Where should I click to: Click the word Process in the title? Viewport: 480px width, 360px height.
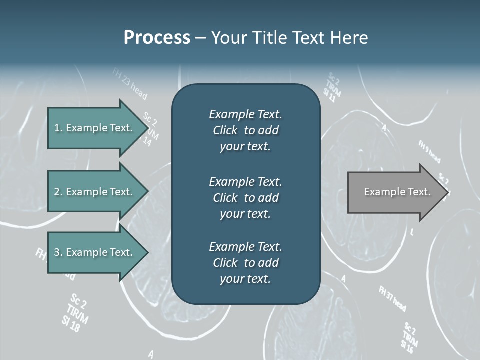(157, 38)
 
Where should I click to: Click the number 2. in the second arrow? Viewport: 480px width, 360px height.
(58, 192)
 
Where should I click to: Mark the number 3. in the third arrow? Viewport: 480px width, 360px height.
(58, 252)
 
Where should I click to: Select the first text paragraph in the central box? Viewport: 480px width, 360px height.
(245, 130)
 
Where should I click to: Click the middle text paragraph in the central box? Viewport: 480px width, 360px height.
(245, 197)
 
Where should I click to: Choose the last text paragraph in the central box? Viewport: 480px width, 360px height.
(245, 263)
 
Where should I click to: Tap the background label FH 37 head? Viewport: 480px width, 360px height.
(392, 298)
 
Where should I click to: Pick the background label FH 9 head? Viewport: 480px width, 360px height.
(429, 151)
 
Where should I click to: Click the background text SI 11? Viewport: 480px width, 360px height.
(328, 95)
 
